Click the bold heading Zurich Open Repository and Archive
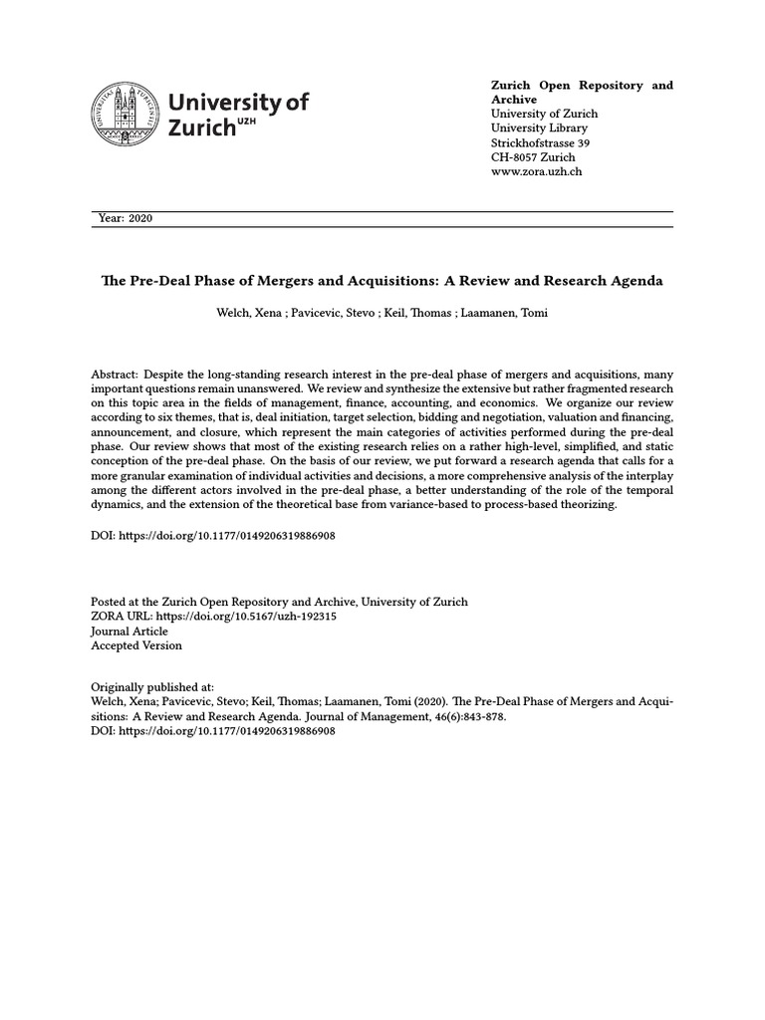[x=582, y=92]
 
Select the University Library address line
[x=539, y=127]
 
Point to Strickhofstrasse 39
[x=541, y=142]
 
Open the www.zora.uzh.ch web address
[x=536, y=171]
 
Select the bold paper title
[x=382, y=281]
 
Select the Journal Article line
[x=129, y=631]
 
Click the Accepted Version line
[x=136, y=645]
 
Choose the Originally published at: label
[x=152, y=687]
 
